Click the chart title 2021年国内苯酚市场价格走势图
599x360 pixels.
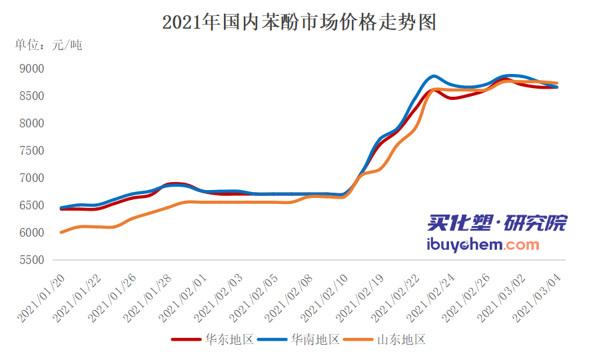coord(299,22)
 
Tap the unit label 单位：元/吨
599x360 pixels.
coord(49,45)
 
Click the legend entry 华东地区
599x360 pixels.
coord(213,339)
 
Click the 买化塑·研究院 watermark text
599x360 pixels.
coord(497,223)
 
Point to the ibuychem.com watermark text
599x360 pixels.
coord(483,244)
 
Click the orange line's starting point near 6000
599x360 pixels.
coord(61,232)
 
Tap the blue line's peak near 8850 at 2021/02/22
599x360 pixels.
coord(434,76)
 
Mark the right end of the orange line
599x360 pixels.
coord(556,83)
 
